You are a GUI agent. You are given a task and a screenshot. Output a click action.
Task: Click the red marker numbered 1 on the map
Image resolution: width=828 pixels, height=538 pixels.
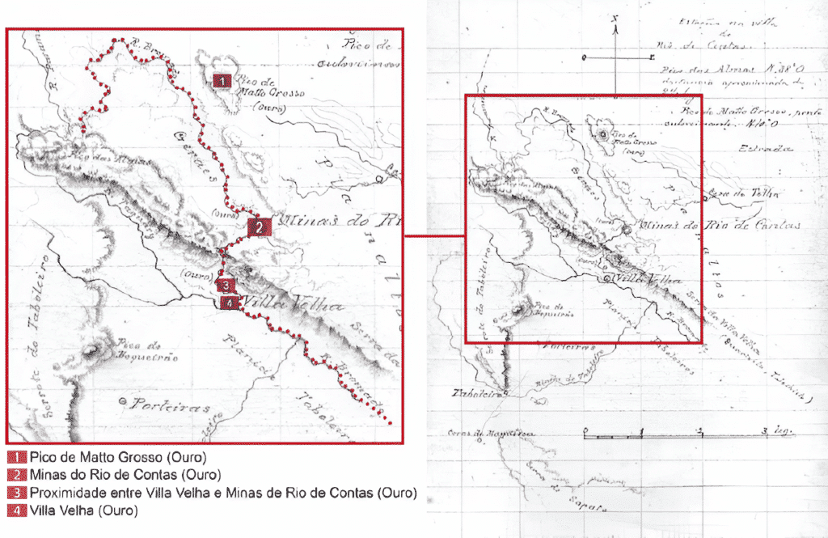click(x=222, y=80)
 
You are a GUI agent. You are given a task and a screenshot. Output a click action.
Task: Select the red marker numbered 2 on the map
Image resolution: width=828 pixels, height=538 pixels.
click(x=258, y=227)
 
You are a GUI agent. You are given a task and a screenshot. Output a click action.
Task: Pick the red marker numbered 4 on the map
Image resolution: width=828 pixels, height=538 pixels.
click(x=230, y=303)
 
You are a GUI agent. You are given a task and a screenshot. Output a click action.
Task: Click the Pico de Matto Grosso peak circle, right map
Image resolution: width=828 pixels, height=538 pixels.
click(x=602, y=135)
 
